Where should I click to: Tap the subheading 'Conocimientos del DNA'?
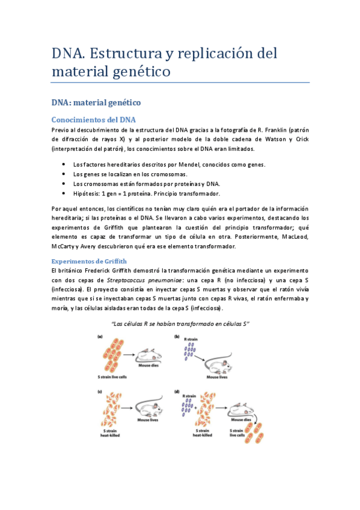pyautogui.click(x=94, y=119)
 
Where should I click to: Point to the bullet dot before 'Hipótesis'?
pyautogui.click(x=64, y=194)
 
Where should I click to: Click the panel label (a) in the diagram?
pyautogui.click(x=102, y=337)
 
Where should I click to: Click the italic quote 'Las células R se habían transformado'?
pyautogui.click(x=180, y=324)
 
